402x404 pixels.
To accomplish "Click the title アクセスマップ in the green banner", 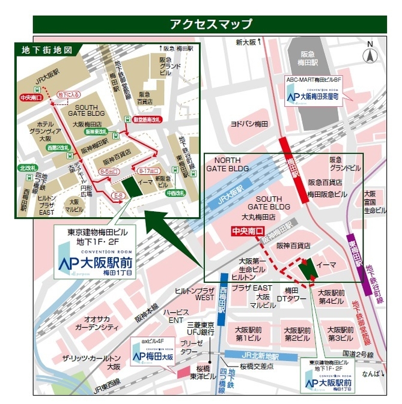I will [x=210, y=24].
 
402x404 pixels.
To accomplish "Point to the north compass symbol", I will [x=371, y=53].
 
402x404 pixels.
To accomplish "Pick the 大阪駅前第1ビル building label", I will [x=246, y=334].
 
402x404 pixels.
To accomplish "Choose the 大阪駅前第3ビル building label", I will [x=340, y=334].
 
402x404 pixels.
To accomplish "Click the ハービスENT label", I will [x=175, y=317].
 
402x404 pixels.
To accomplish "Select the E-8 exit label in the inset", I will [x=119, y=196].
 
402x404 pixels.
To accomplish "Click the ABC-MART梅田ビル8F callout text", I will [x=313, y=79].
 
